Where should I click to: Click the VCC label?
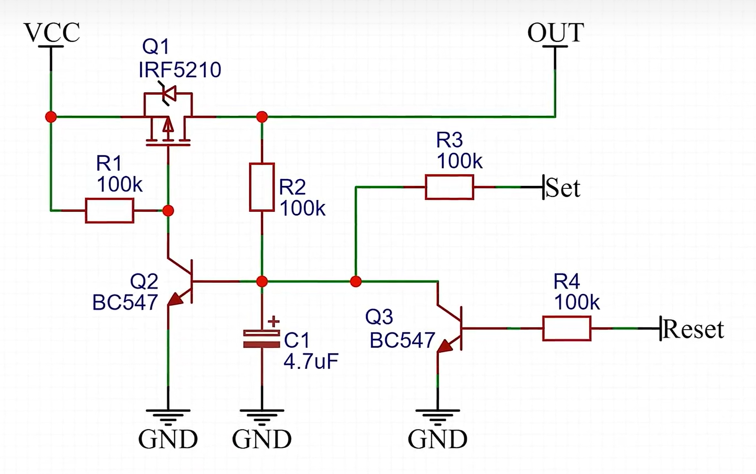52,33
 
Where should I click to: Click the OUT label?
555,33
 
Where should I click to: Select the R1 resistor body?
109,210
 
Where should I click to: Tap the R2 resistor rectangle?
262,187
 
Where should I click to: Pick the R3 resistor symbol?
449,187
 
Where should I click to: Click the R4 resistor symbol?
566,328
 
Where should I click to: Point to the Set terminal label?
563,188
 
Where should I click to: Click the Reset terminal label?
693,329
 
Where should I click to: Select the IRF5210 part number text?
180,70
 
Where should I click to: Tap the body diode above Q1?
169,93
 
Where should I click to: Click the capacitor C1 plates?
262,339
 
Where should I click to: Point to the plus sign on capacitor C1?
273,322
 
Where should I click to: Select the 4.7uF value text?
311,361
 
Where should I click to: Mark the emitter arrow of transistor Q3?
445,346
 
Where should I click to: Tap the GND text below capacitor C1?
262,439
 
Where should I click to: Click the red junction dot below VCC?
51,117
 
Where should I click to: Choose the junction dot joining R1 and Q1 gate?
168,210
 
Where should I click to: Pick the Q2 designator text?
144,281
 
